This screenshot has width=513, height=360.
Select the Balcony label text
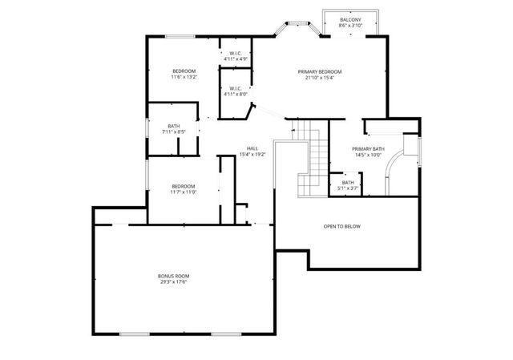click(350, 19)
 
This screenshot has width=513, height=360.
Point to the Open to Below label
click(342, 227)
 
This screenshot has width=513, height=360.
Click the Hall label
click(252, 148)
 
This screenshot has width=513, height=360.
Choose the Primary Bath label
click(368, 149)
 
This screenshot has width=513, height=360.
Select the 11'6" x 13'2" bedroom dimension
click(184, 78)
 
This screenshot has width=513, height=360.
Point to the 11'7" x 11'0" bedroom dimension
click(184, 192)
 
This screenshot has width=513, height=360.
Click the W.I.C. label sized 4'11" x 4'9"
click(236, 54)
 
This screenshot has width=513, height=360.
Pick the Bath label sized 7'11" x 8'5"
click(174, 125)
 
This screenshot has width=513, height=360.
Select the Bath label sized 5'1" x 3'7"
click(348, 183)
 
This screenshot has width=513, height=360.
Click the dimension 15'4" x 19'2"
click(252, 154)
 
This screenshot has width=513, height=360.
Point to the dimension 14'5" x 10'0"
click(368, 156)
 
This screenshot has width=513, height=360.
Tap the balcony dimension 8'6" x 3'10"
click(350, 26)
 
